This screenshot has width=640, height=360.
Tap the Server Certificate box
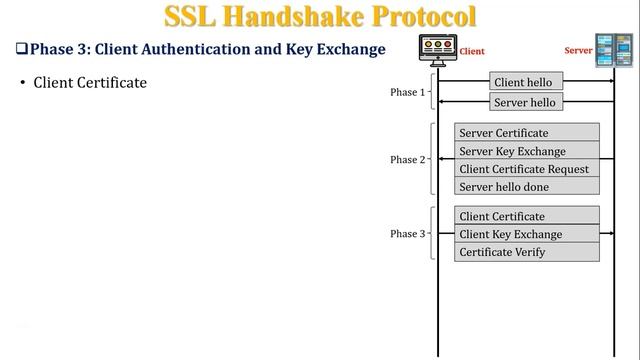click(527, 133)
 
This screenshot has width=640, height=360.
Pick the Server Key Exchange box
click(527, 151)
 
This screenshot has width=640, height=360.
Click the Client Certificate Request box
click(527, 169)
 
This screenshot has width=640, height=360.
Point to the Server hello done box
click(527, 187)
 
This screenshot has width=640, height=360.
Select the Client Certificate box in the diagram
click(527, 216)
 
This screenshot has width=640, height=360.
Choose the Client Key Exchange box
click(527, 234)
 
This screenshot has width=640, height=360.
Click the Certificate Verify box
click(527, 252)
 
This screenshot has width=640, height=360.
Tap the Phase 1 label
click(407, 92)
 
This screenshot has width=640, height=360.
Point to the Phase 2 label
click(407, 160)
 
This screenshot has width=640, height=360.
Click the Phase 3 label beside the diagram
click(407, 234)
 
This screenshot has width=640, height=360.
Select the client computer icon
click(437, 49)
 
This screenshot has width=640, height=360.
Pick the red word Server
click(579, 48)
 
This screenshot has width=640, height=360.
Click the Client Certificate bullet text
click(90, 82)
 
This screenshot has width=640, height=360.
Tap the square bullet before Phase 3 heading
click(20, 48)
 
